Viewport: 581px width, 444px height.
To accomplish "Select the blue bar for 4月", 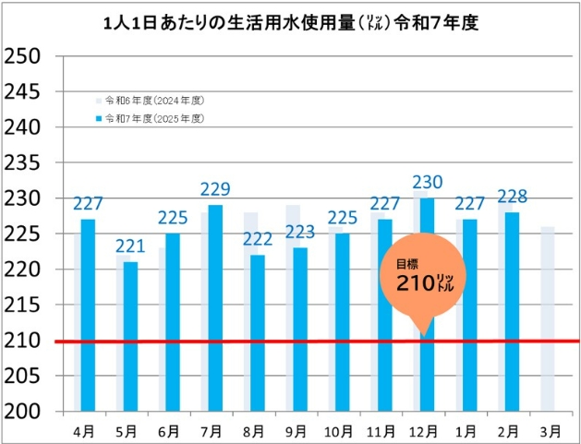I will [x=88, y=314].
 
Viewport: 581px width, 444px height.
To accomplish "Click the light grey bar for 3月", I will [x=548, y=318].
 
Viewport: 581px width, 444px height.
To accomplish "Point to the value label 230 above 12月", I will [x=428, y=183].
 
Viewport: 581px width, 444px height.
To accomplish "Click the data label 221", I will [x=130, y=246].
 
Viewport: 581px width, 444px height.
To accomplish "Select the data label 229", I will [x=215, y=190].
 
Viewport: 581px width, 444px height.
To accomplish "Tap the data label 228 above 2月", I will [x=513, y=197].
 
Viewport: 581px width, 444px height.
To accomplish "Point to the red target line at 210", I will [x=277, y=341].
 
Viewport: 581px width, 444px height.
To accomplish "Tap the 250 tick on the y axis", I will [x=22, y=56].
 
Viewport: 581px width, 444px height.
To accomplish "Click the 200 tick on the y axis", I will [x=22, y=412].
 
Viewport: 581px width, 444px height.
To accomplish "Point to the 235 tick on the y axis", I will [x=22, y=163].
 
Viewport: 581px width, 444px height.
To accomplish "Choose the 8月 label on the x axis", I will [x=256, y=430].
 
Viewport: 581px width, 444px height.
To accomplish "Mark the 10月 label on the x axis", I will [x=341, y=430].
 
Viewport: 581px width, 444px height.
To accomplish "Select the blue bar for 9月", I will [x=300, y=328].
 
